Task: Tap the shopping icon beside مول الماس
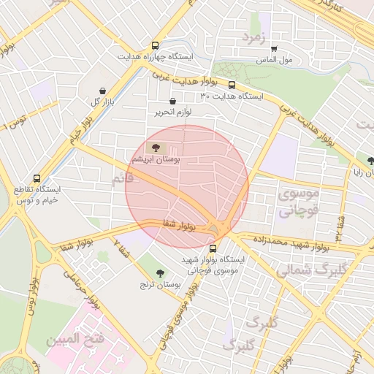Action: point(274,49)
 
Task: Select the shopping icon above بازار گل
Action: point(102,91)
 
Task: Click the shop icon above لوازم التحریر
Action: point(172,102)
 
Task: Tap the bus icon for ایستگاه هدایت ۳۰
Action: point(232,85)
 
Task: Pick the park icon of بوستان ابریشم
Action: point(159,149)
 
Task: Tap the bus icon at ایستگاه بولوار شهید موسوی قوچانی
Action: point(213,248)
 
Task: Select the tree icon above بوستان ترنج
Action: point(152,272)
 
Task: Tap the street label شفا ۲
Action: point(121,248)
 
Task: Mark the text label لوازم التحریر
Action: point(172,112)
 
